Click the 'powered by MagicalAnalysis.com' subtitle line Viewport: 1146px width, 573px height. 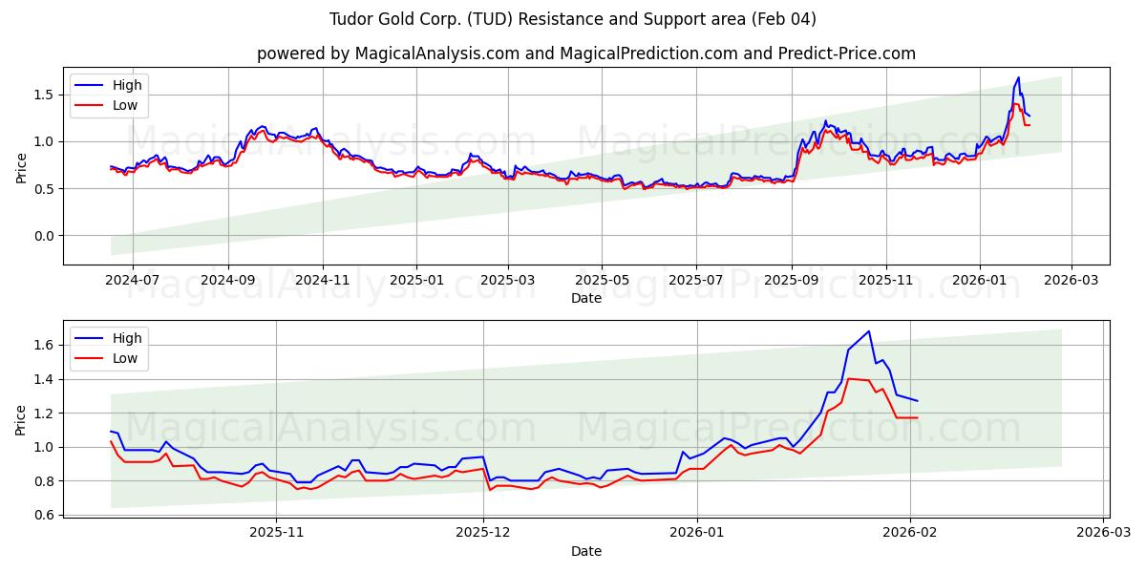click(x=585, y=53)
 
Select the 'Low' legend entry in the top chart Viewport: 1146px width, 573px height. click(x=125, y=105)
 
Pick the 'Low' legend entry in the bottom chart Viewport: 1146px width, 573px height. click(x=125, y=358)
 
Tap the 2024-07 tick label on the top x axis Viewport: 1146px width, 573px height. click(x=132, y=280)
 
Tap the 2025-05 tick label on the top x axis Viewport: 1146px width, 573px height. click(x=602, y=280)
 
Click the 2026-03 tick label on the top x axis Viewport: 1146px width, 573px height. click(x=1071, y=280)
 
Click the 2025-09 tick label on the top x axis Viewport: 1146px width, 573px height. click(x=791, y=280)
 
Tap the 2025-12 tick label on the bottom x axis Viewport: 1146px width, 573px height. click(x=483, y=532)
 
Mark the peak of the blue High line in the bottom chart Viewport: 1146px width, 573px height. click(x=868, y=331)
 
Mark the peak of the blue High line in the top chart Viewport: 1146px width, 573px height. click(x=1018, y=77)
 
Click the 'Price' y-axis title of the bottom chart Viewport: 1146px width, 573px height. click(x=21, y=419)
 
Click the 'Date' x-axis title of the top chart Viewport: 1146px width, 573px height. click(x=585, y=298)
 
